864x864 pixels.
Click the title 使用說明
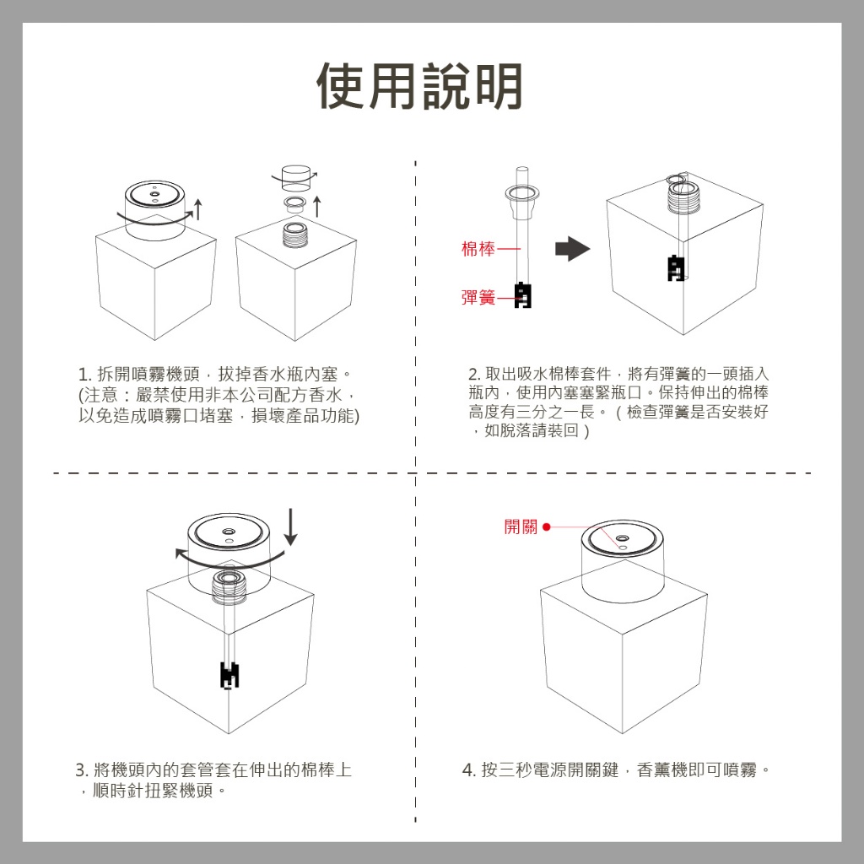pyautogui.click(x=419, y=86)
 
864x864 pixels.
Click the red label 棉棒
pyautogui.click(x=478, y=249)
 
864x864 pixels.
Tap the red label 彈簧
pyautogui.click(x=478, y=298)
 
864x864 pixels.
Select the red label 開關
pyautogui.click(x=521, y=527)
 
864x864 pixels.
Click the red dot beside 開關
pyautogui.click(x=547, y=527)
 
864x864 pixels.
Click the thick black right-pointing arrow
pyautogui.click(x=572, y=249)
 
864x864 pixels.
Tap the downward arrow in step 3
pyautogui.click(x=291, y=527)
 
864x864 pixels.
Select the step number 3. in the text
pyautogui.click(x=82, y=770)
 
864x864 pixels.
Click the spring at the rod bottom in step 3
pyautogui.click(x=229, y=674)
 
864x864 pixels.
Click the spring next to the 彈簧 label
pyautogui.click(x=523, y=295)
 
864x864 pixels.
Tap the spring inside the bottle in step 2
pyautogui.click(x=675, y=267)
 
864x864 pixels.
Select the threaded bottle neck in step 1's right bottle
pyautogui.click(x=296, y=234)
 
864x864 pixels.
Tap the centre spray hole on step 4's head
pyautogui.click(x=623, y=538)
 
